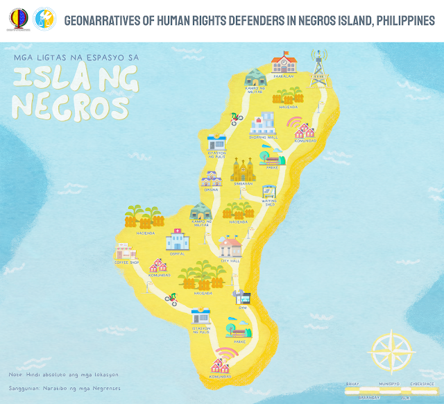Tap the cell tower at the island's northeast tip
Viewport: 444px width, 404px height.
pyautogui.click(x=318, y=68)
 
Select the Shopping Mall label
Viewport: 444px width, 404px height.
pyautogui.click(x=263, y=137)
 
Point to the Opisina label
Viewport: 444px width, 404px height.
pyautogui.click(x=211, y=190)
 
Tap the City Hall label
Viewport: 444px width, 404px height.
pyautogui.click(x=230, y=261)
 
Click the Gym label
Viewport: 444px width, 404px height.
pyautogui.click(x=243, y=307)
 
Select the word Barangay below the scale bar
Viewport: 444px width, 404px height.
pyautogui.click(x=369, y=398)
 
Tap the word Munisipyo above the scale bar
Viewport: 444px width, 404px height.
pyautogui.click(x=386, y=382)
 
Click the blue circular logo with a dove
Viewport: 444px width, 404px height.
pyautogui.click(x=43, y=19)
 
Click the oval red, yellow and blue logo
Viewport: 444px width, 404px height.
pyautogui.click(x=17, y=19)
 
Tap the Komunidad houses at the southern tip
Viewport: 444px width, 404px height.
pyautogui.click(x=221, y=364)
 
